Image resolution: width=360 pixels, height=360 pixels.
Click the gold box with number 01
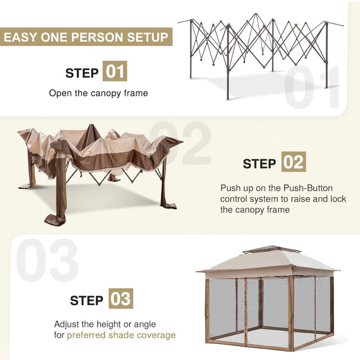click(114, 72)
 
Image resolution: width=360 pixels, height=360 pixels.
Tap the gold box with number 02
click(293, 162)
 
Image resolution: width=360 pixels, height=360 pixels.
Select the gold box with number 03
click(121, 299)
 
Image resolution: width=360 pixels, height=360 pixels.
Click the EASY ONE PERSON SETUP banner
click(86, 38)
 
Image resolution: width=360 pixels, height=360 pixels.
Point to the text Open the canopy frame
click(98, 93)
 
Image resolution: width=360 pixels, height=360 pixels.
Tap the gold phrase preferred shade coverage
click(121, 335)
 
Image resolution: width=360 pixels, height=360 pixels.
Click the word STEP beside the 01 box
click(81, 73)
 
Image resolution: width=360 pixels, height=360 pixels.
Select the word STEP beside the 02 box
click(260, 164)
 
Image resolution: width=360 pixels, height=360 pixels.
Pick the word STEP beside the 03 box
click(87, 300)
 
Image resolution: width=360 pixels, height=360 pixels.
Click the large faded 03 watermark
click(47, 261)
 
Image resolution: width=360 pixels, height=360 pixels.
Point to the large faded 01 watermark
click(313, 88)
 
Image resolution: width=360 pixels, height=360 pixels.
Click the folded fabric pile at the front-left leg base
click(55, 218)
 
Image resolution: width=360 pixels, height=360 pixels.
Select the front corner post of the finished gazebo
click(290, 313)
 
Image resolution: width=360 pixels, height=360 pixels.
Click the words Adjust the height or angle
click(105, 324)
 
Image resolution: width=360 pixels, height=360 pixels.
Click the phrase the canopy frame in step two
click(255, 210)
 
